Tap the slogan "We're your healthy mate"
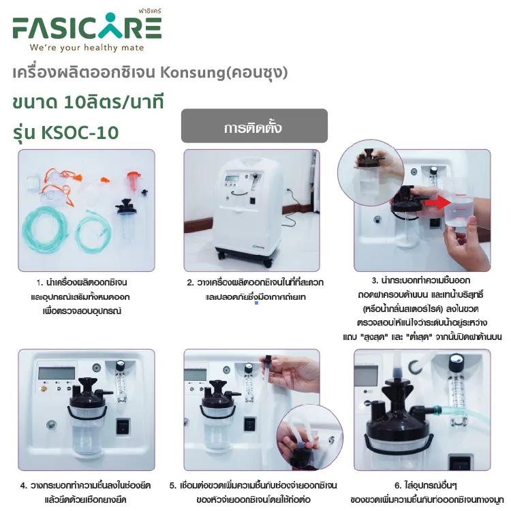[87, 48]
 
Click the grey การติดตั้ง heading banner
[254, 126]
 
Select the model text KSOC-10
[80, 133]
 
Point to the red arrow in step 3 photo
[437, 202]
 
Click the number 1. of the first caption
[40, 283]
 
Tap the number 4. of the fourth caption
[24, 486]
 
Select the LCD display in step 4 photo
[57, 373]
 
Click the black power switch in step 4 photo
[123, 427]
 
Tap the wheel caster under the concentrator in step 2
[221, 254]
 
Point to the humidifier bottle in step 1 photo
[126, 219]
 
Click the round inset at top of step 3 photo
[371, 173]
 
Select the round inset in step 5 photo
[309, 437]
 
